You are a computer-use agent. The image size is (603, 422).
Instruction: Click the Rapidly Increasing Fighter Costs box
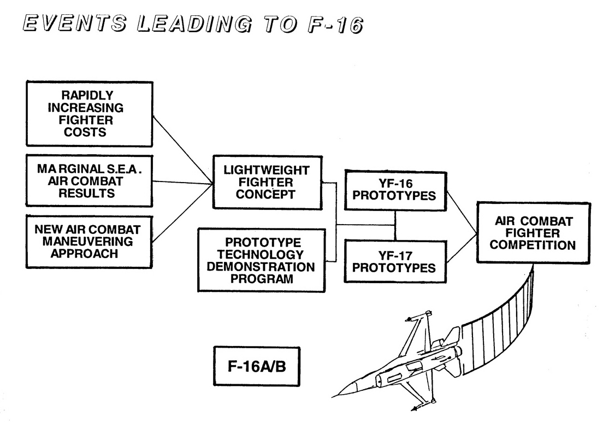[89, 114]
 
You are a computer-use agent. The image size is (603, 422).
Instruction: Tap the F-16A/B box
[256, 366]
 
